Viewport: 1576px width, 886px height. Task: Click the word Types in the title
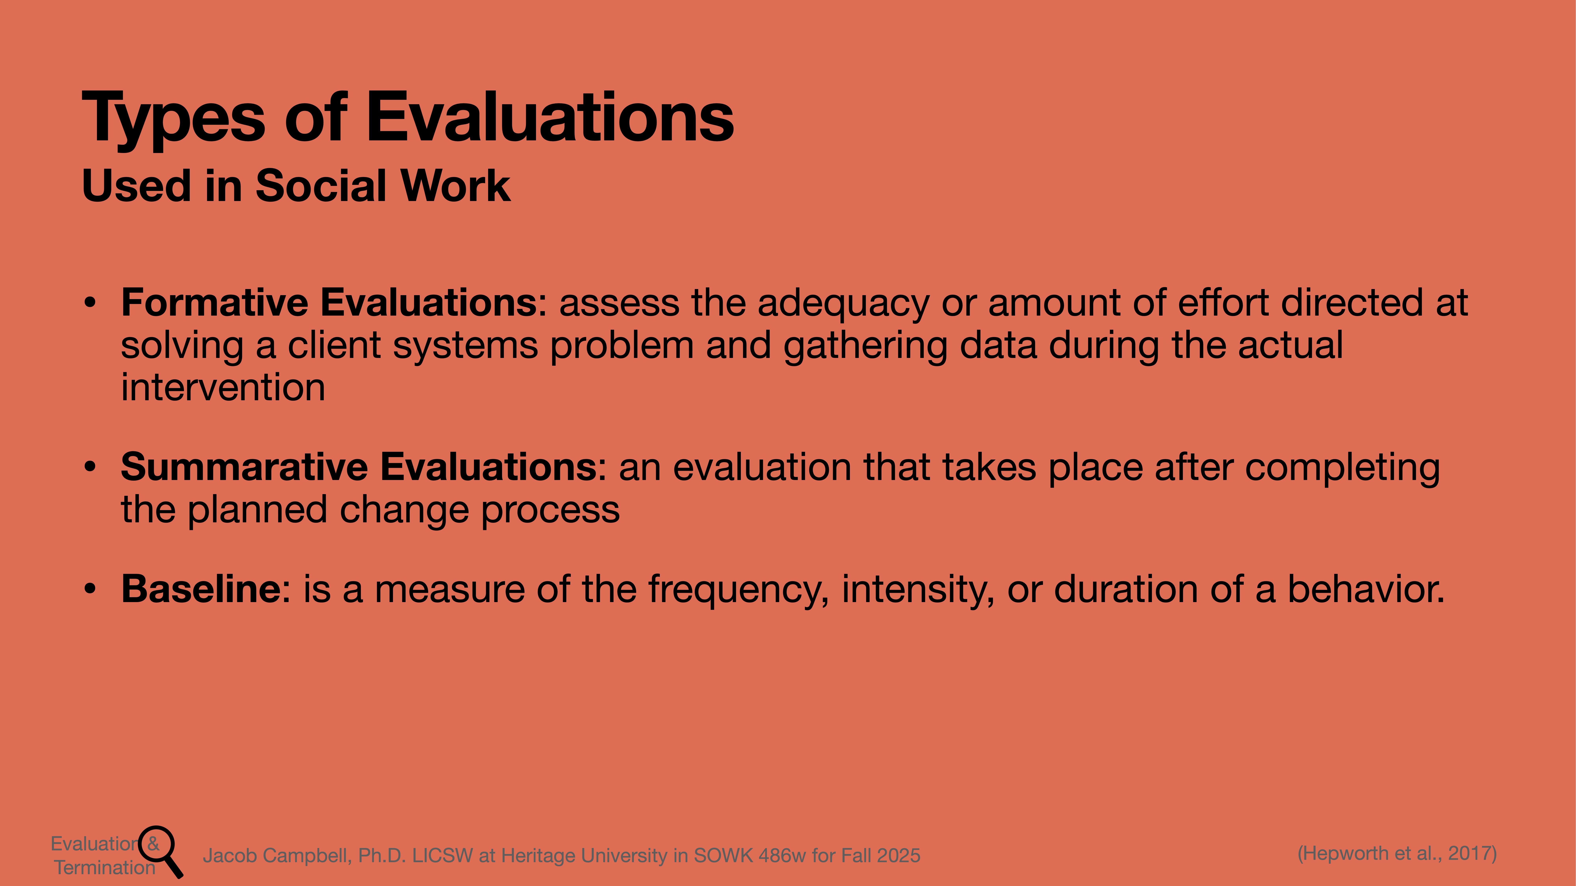point(173,118)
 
